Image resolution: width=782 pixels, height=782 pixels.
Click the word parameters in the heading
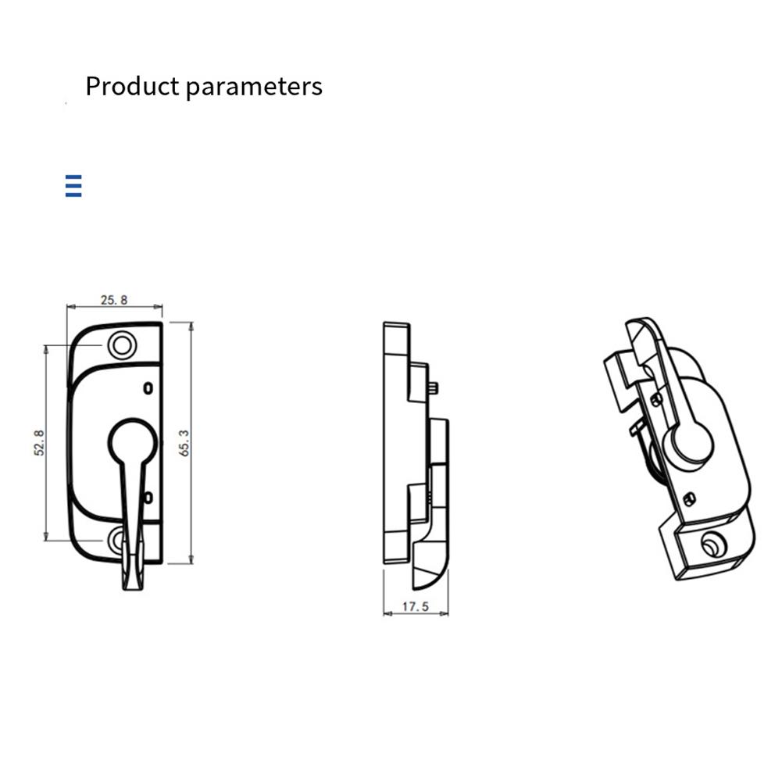[x=255, y=87]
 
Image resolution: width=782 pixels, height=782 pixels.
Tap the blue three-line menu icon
[x=73, y=187]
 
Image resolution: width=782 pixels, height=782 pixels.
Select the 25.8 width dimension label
[x=113, y=299]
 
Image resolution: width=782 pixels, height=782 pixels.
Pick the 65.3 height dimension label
[x=184, y=442]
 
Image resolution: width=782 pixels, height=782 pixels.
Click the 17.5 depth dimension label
[x=416, y=605]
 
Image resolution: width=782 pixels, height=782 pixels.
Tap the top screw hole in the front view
[x=121, y=345]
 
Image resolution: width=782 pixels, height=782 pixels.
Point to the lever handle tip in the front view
[x=130, y=578]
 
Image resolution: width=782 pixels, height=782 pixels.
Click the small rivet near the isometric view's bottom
[x=688, y=499]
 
